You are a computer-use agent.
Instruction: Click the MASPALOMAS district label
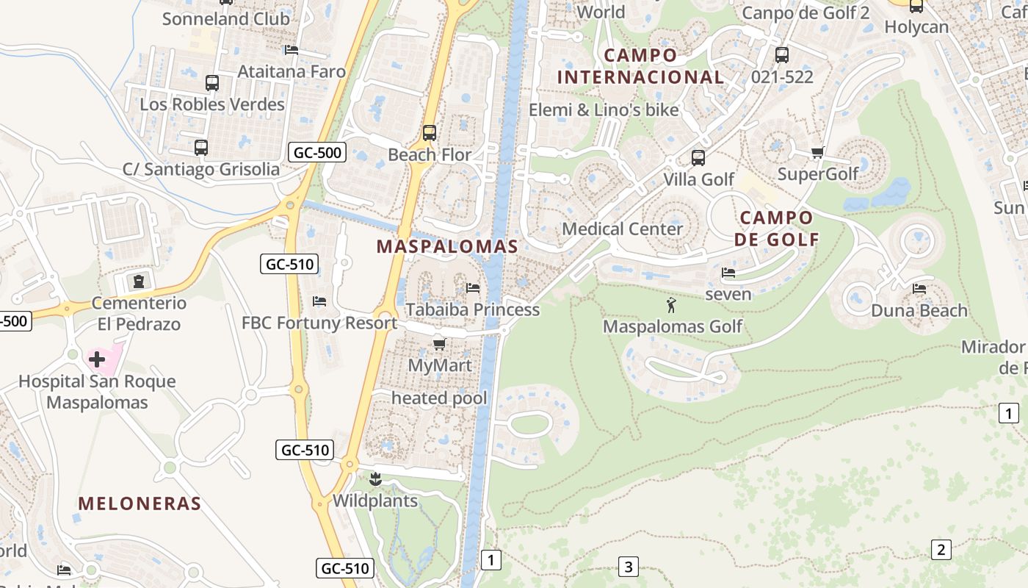coord(447,247)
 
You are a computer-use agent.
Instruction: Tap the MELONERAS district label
coord(140,503)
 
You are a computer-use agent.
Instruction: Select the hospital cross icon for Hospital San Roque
coord(97,359)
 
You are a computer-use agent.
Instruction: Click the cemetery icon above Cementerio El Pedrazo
coord(139,281)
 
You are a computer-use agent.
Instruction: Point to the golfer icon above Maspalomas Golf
coord(671,304)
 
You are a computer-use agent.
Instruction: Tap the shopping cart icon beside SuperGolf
coord(817,153)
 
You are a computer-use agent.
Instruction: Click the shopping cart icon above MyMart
coord(439,344)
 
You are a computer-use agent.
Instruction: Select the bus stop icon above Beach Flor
coord(430,133)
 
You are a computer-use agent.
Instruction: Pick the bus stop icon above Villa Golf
coord(698,157)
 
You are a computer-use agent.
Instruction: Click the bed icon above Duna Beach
coord(919,289)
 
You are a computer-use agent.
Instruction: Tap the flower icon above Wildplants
coord(375,480)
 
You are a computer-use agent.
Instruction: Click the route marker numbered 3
coord(628,567)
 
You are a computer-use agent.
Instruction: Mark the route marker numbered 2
coord(941,549)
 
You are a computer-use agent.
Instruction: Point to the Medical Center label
coord(623,229)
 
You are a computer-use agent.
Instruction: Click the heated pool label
coord(439,398)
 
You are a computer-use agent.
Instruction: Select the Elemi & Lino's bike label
coord(604,110)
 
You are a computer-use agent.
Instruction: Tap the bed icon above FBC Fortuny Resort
coord(319,301)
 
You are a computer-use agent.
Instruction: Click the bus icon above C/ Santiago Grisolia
coord(201,148)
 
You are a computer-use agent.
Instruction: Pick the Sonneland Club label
coord(226,19)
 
